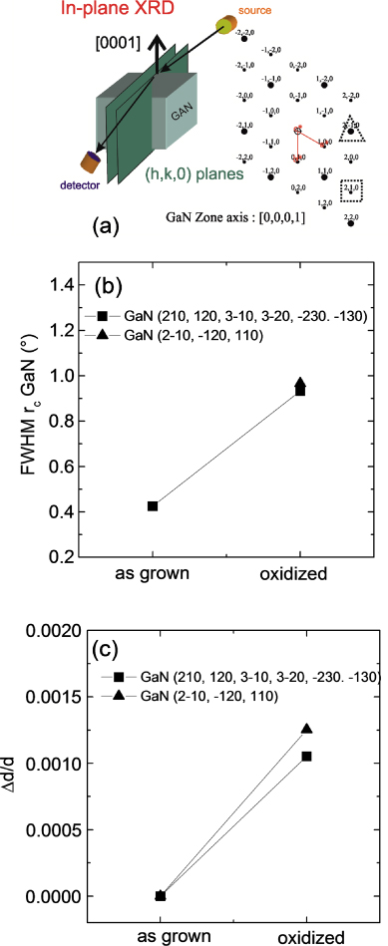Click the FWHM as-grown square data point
pos(153,506)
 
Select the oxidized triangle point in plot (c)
pos(306,729)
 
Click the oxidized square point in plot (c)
pos(306,757)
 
